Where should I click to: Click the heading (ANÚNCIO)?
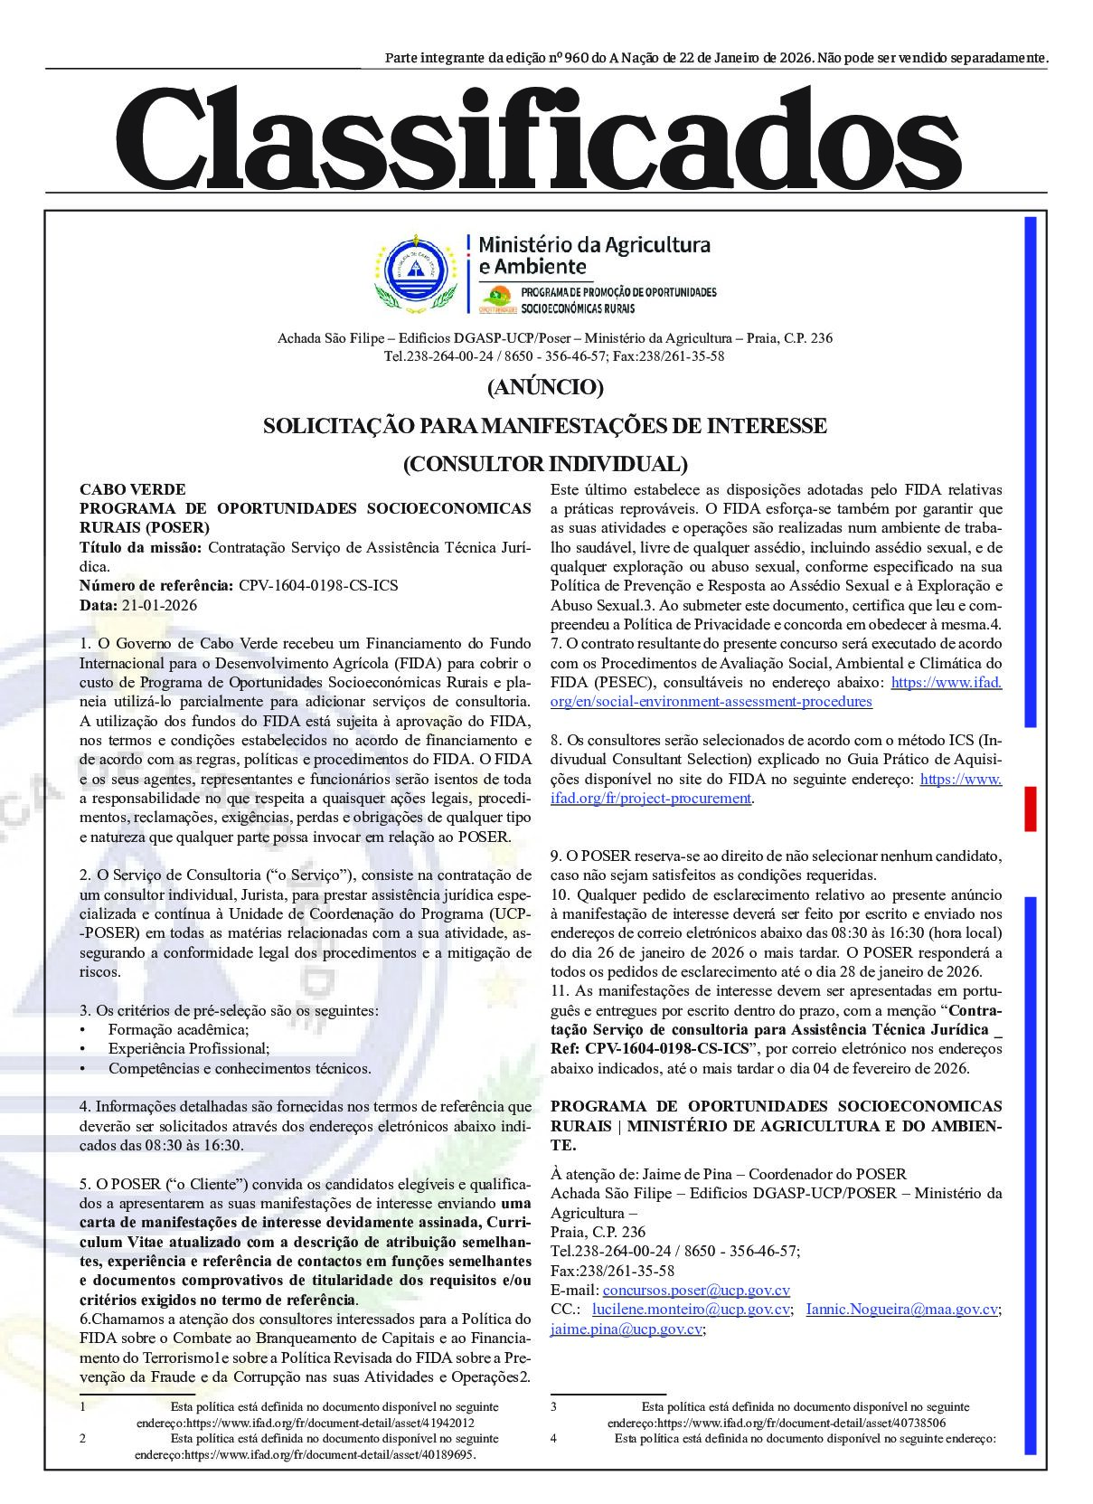coord(545,387)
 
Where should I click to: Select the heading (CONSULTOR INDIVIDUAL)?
coord(545,464)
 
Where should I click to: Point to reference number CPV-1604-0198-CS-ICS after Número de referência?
coord(318,585)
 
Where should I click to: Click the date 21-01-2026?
coord(158,605)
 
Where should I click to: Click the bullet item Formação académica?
coord(178,1029)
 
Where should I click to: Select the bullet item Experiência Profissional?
coord(189,1049)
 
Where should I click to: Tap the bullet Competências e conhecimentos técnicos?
coord(240,1068)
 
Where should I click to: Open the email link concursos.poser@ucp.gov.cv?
coord(696,1291)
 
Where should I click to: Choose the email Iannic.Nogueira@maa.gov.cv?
coord(902,1310)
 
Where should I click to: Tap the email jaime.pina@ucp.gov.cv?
coord(627,1329)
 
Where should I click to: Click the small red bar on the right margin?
coord(1030,809)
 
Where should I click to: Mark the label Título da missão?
coord(142,547)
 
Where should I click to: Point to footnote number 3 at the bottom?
coord(553,1407)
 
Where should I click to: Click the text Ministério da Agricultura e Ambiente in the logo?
coord(593,255)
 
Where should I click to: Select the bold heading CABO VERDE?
coord(132,489)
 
